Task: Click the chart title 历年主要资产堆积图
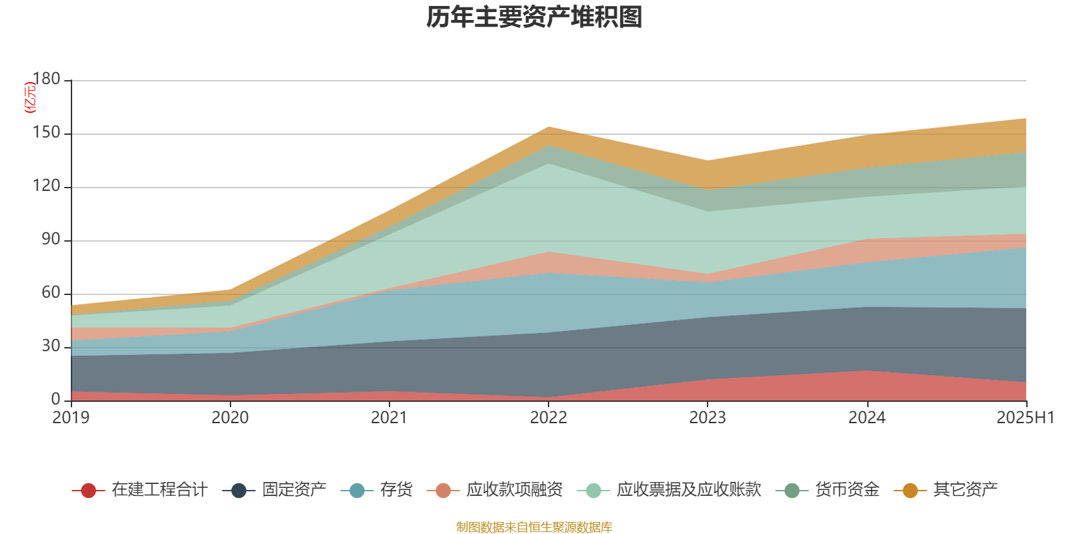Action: click(x=534, y=17)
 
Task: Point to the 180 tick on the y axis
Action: click(x=46, y=79)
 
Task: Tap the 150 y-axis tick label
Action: click(x=46, y=133)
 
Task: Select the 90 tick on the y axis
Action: click(x=51, y=240)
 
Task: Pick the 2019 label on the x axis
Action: click(x=71, y=418)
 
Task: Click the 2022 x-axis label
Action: click(x=548, y=418)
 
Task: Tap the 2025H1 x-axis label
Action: click(x=1024, y=418)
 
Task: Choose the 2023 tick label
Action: click(x=708, y=418)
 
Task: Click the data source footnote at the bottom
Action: click(x=534, y=527)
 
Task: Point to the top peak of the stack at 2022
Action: click(x=549, y=127)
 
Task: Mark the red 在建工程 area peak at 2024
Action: click(x=867, y=372)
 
